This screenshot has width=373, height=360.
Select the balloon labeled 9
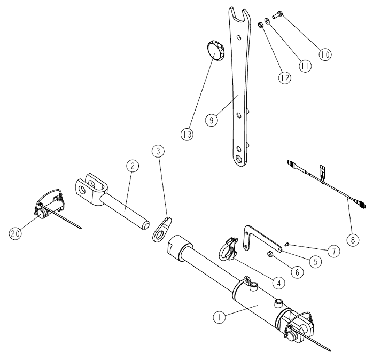(213, 120)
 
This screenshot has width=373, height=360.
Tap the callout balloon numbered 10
(325, 53)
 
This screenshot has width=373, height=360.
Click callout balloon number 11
(305, 66)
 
